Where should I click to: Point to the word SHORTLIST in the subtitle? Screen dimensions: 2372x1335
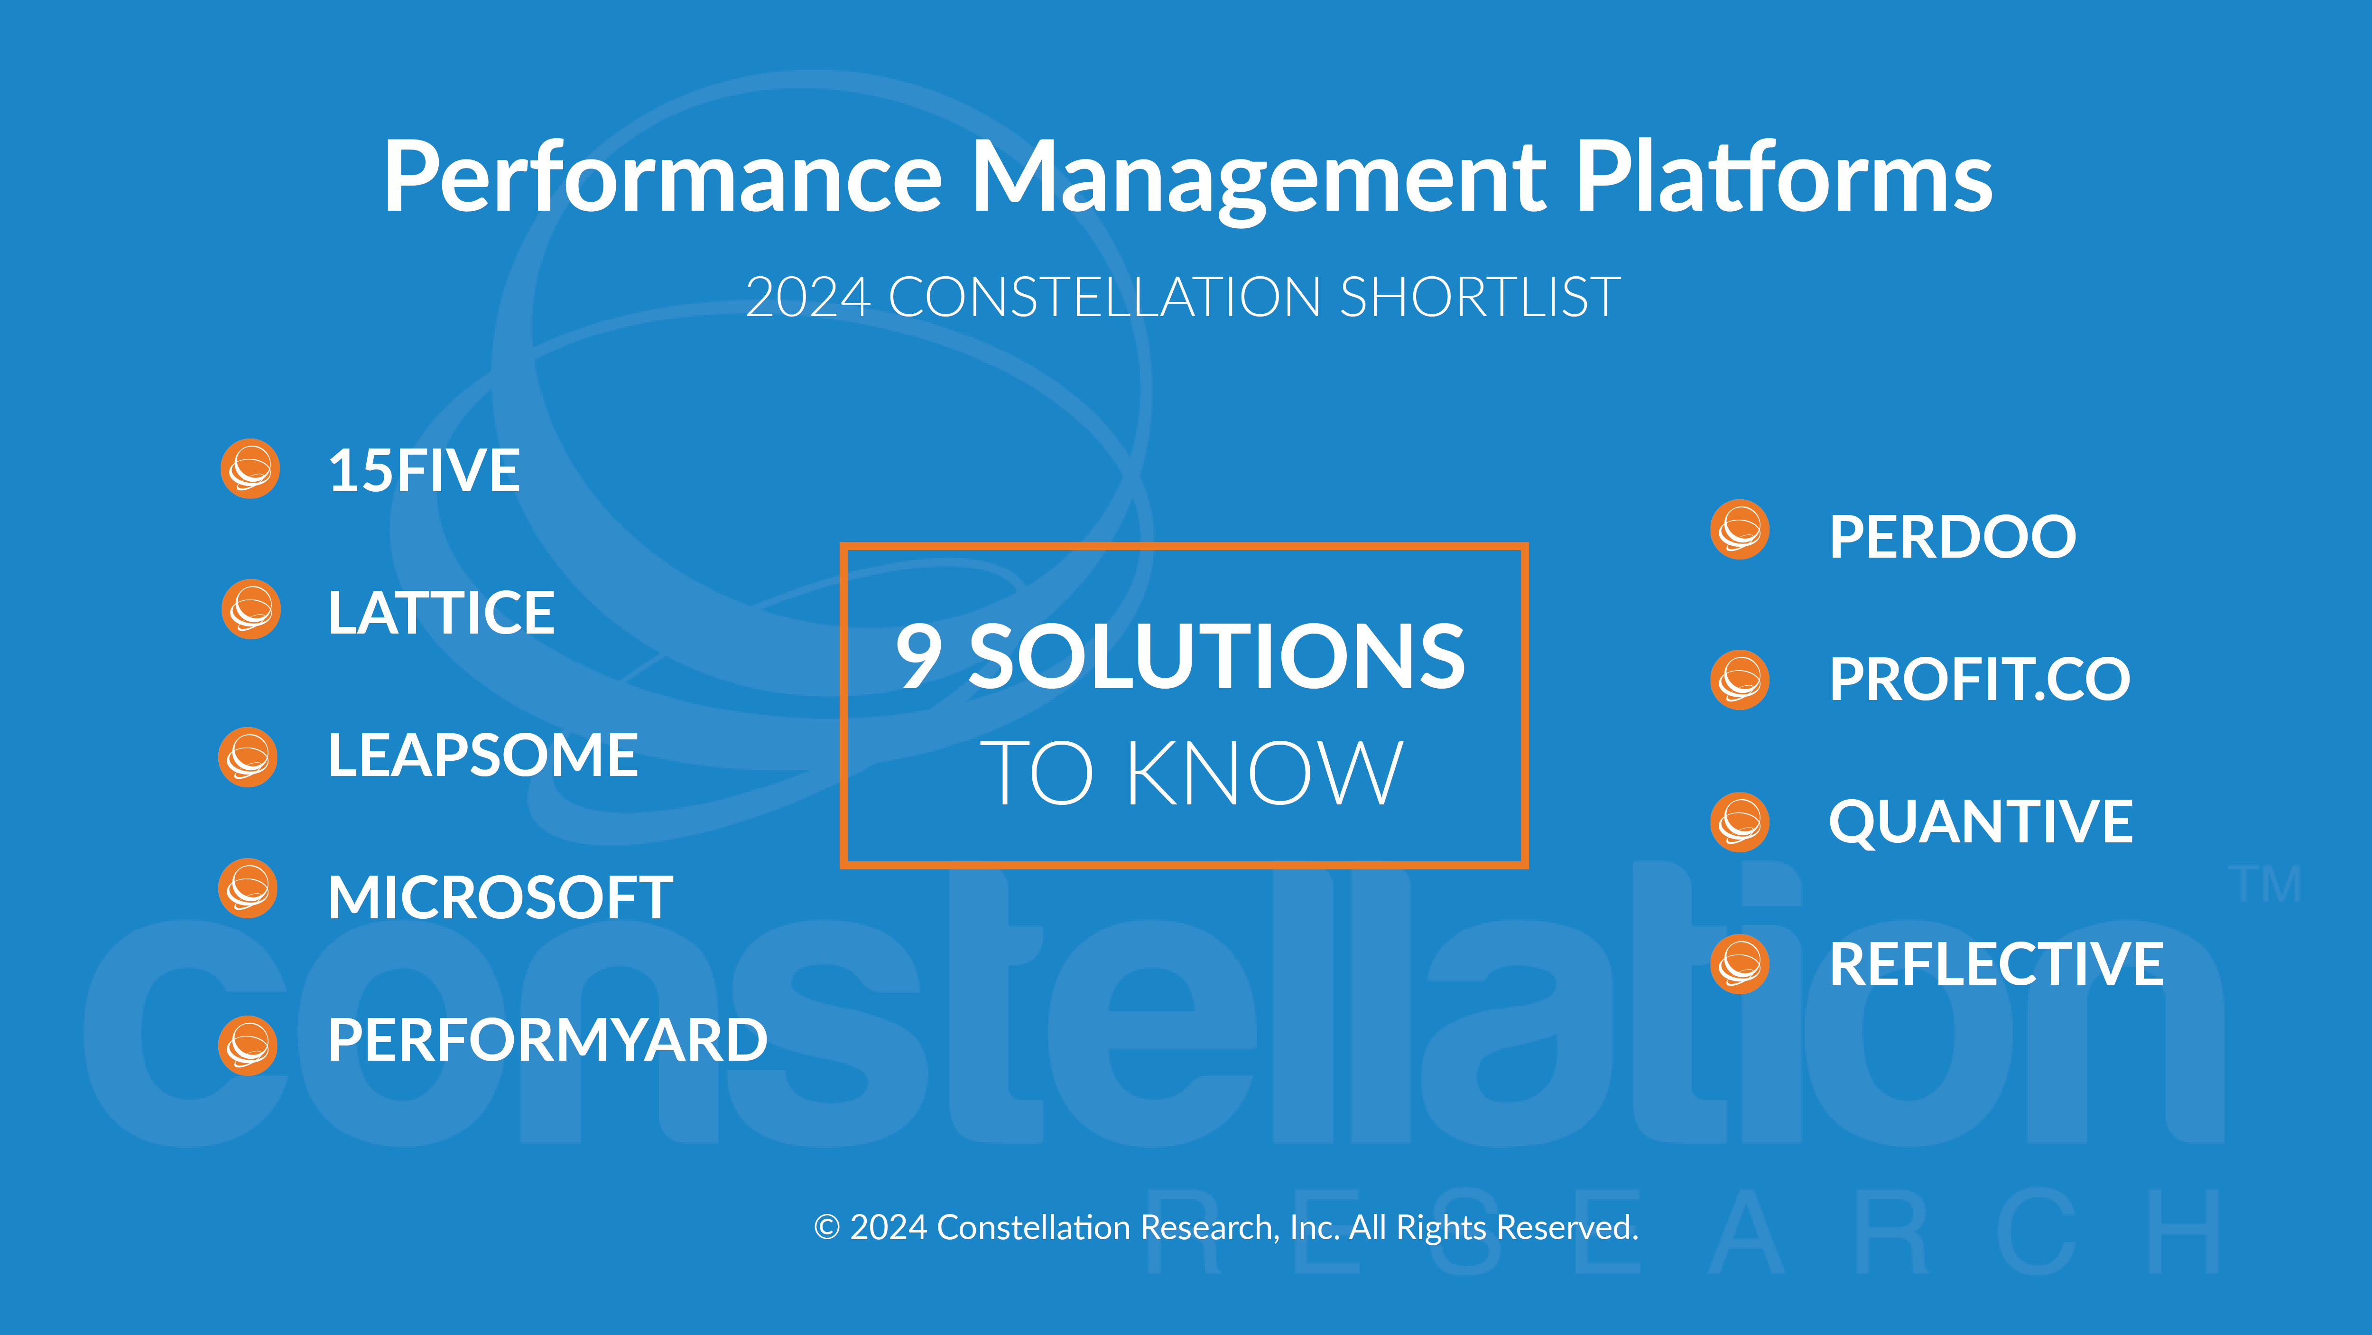coord(1480,298)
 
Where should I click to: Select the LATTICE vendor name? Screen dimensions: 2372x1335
coord(442,613)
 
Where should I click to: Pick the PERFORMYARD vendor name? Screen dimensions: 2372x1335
coord(548,1040)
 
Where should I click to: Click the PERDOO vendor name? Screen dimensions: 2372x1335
coord(1952,537)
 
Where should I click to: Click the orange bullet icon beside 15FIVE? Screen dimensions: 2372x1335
coord(250,469)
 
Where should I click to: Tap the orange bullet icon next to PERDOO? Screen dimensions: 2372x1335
coord(1740,530)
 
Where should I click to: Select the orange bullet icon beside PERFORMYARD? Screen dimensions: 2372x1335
coord(248,1046)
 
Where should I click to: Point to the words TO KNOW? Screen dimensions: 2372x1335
coord(1192,774)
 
